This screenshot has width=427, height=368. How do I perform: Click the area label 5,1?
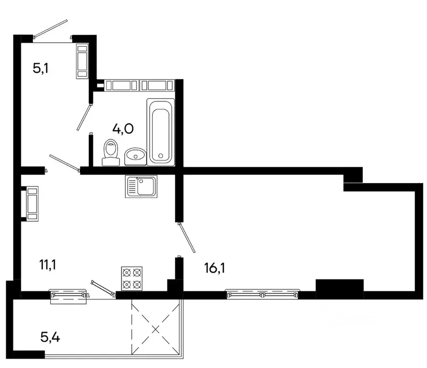pyautogui.click(x=41, y=68)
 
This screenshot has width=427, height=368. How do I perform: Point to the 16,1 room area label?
pyautogui.click(x=214, y=267)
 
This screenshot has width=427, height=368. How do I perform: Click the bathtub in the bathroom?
pyautogui.click(x=161, y=131)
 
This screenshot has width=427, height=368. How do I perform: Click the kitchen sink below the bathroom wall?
pyautogui.click(x=142, y=186)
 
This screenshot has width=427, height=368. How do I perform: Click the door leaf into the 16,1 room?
pyautogui.click(x=186, y=237)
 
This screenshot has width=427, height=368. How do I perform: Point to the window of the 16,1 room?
pyautogui.click(x=262, y=294)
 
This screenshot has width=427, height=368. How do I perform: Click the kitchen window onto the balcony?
pyautogui.click(x=68, y=295)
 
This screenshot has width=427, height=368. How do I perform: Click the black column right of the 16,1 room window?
pyautogui.click(x=340, y=288)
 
